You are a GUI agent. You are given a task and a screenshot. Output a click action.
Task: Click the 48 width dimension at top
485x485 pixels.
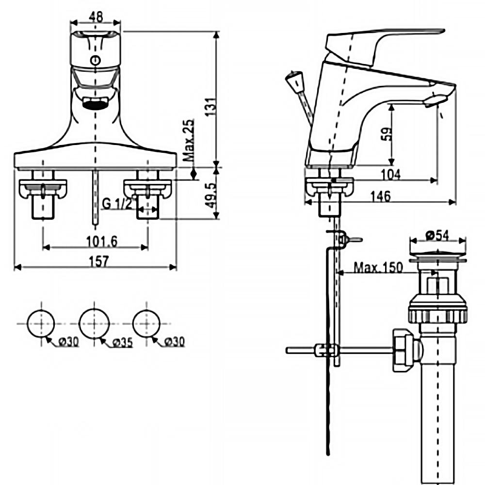point(96,16)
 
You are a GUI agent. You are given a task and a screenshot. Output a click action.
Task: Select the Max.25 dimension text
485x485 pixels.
point(189,141)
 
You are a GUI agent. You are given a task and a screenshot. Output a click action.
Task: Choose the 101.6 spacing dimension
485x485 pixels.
point(95,241)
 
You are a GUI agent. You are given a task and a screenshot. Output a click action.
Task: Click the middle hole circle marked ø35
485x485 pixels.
point(94,322)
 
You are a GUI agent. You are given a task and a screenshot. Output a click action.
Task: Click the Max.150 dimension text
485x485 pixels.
point(378,268)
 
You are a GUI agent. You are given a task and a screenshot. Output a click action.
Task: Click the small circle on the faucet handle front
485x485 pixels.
point(96,60)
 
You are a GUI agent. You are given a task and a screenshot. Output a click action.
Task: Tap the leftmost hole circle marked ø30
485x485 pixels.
point(41,322)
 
